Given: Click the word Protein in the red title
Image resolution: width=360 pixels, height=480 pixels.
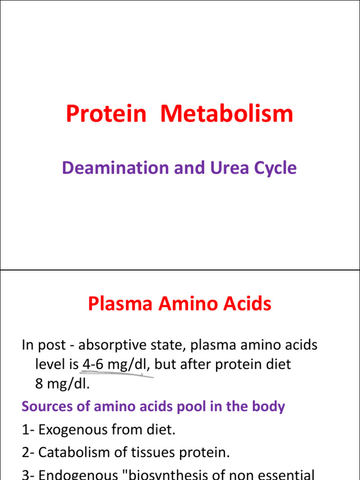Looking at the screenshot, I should [106, 114].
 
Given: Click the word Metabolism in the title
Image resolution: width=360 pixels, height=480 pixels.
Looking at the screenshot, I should [227, 114].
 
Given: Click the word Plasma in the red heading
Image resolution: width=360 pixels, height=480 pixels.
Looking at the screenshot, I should [120, 304].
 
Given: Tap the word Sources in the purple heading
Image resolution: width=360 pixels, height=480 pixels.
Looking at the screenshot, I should [49, 406].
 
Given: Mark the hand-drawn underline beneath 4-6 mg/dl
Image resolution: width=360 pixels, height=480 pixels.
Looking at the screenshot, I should [117, 374].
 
